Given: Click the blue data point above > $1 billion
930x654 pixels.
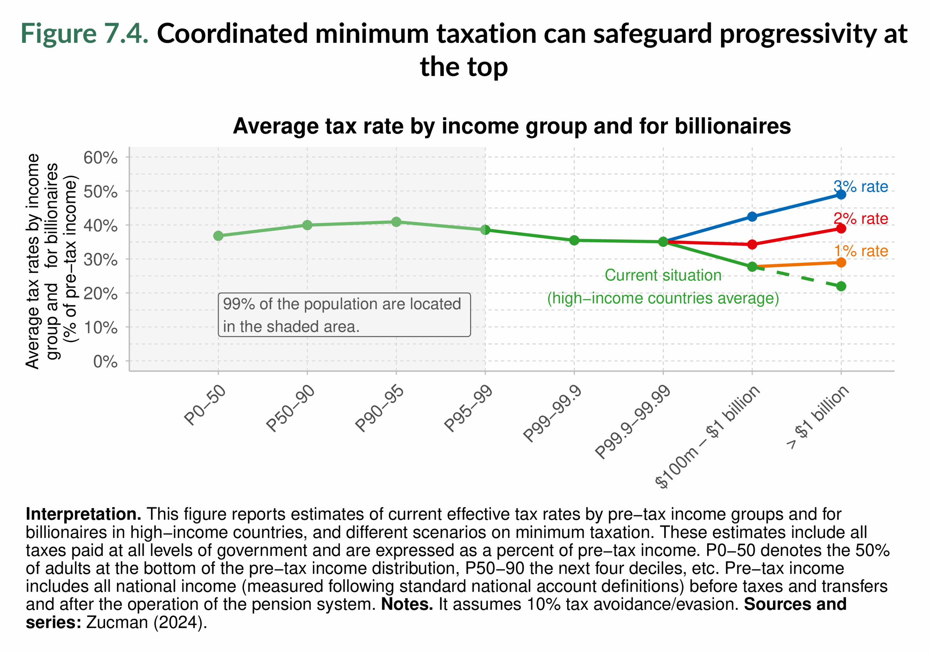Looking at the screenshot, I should (x=841, y=194).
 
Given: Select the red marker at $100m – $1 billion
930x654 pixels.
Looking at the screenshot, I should (x=752, y=244).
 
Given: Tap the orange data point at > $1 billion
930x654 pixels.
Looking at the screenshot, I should (x=841, y=263).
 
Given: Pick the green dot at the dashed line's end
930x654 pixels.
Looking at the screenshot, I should (x=841, y=286).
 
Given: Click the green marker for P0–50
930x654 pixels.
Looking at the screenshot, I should (x=218, y=236).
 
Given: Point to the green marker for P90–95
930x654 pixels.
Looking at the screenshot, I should (x=396, y=222).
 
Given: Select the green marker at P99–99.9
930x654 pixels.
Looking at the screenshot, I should (x=574, y=240).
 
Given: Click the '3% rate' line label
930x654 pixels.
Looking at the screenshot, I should (x=860, y=187).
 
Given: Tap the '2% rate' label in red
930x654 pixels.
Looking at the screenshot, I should (x=860, y=219).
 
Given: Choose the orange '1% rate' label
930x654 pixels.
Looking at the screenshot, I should (x=861, y=251).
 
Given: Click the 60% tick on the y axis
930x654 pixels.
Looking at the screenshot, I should (x=101, y=158).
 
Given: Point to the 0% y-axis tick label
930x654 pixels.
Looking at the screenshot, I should (x=105, y=361).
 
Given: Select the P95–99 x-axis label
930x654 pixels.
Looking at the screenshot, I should (x=468, y=408).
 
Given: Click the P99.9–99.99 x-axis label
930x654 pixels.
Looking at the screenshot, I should (x=633, y=422).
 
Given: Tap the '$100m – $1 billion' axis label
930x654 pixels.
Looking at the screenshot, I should (x=707, y=436).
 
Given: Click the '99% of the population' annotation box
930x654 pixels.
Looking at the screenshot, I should (x=344, y=314).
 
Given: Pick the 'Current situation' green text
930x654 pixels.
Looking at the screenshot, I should (x=663, y=275).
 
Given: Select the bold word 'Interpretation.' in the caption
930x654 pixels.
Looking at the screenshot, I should (x=84, y=514).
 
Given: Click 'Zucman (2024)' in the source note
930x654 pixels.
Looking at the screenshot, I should (x=146, y=622).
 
